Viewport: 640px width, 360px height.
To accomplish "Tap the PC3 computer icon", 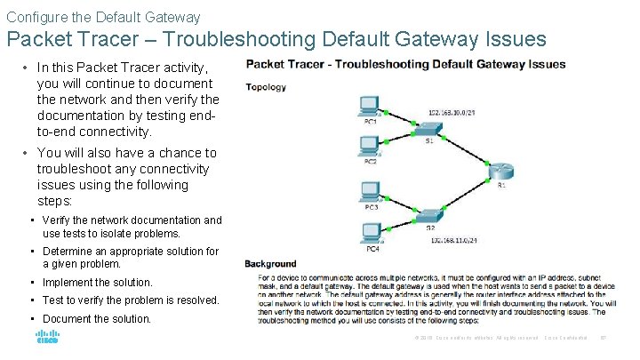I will [371, 191].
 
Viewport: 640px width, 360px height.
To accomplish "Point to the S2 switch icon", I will [429, 217].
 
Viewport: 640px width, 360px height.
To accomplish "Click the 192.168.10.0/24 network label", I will [452, 113].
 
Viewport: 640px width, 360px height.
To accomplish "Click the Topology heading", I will [266, 87].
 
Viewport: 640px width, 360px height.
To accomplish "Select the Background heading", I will [270, 264].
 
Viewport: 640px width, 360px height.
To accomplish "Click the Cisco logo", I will [46, 338].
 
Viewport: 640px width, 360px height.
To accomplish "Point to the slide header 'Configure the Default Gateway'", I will [103, 17].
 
